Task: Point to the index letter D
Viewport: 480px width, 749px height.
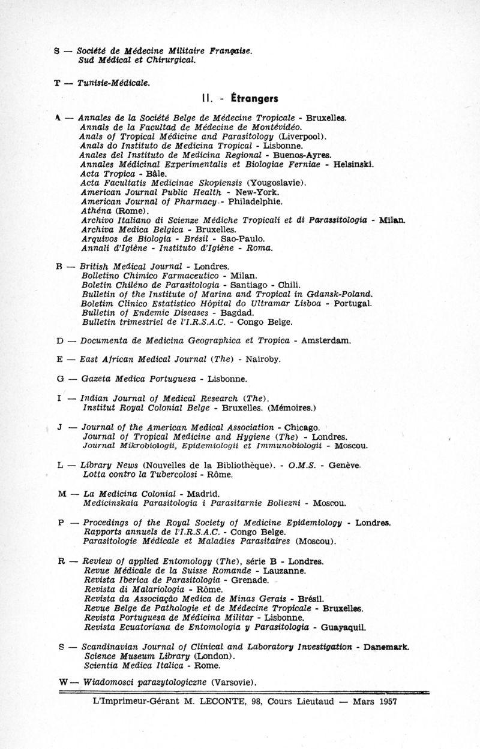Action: pyautogui.click(x=59, y=340)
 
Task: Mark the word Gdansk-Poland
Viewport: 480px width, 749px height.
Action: pyautogui.click(x=338, y=294)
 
